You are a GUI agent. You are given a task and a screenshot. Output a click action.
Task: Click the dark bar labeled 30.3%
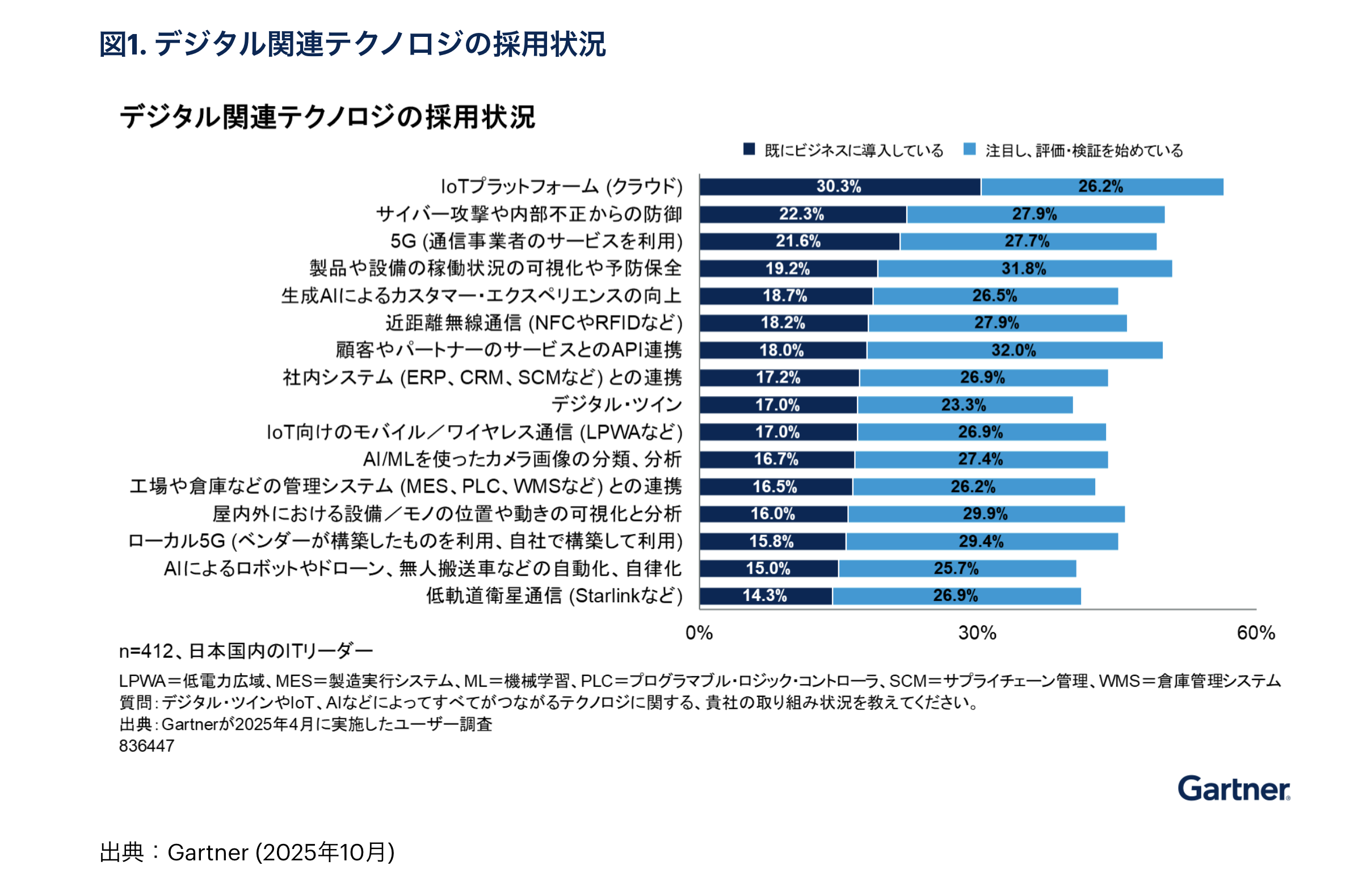(x=840, y=187)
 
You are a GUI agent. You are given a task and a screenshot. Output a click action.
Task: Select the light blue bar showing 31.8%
(x=1024, y=268)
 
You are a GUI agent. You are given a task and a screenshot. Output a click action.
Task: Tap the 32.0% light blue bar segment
(x=1014, y=351)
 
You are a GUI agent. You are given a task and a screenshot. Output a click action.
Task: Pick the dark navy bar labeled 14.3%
(x=766, y=596)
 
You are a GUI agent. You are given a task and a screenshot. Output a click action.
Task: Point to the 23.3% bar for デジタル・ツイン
(x=964, y=405)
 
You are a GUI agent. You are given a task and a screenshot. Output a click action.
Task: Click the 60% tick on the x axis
(x=1256, y=633)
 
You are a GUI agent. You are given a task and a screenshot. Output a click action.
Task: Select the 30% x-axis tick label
(x=977, y=633)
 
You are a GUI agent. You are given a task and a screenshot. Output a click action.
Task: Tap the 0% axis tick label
(x=699, y=633)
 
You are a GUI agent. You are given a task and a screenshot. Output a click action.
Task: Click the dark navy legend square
(x=749, y=149)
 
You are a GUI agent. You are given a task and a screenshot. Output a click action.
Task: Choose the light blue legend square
(x=970, y=149)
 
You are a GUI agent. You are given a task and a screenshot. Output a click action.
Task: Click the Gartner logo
(x=1233, y=789)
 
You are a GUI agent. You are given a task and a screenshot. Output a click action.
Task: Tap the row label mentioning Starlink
(x=554, y=596)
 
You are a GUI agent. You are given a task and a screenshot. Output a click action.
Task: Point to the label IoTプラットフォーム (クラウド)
(x=561, y=187)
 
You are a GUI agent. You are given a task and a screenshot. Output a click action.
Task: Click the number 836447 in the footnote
(x=147, y=746)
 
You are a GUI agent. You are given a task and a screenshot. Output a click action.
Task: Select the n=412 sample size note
(x=246, y=650)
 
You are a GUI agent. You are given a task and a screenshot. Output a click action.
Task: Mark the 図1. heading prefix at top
(x=123, y=44)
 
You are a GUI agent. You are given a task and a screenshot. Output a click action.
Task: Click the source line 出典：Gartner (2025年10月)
(x=247, y=852)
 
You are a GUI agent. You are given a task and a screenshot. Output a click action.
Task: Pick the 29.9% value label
(x=985, y=514)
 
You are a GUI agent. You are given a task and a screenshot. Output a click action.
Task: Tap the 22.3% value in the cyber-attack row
(x=802, y=214)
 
